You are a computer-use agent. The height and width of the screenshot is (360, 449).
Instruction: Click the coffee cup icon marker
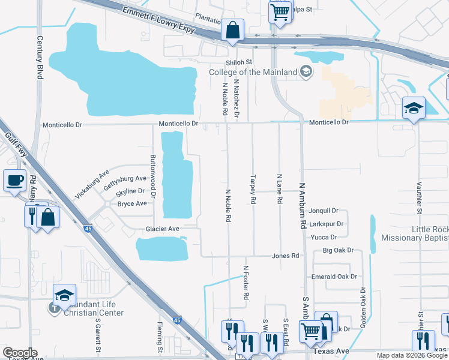[x=14, y=179]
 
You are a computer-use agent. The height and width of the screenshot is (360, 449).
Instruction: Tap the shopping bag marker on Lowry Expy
[x=232, y=29]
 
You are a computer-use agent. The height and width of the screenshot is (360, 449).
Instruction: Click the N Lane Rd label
[x=279, y=189]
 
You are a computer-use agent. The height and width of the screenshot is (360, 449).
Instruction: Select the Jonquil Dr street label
[x=324, y=211]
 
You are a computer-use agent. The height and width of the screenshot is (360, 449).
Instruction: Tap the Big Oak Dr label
[x=338, y=250]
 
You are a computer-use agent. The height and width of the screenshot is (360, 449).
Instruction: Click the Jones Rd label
[x=285, y=256]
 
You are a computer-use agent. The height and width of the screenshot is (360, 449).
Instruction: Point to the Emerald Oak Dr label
[x=334, y=277]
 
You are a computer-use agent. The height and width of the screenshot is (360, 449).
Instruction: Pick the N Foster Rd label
[x=246, y=283]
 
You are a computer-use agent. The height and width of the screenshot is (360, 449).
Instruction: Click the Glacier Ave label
[x=163, y=229]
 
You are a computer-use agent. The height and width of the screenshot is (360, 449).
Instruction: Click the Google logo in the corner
[x=20, y=353]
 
